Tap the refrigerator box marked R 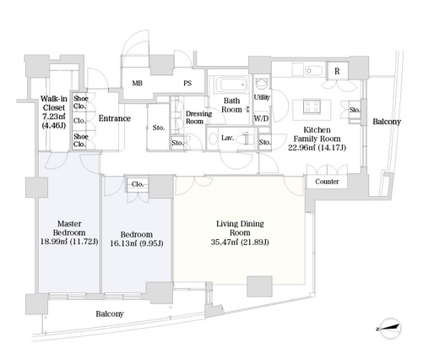tap(337, 71)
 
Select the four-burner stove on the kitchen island tap(312, 106)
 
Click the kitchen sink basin tap(313, 70)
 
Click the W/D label tap(262, 118)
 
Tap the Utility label tap(262, 97)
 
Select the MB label tap(138, 83)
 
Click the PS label tap(187, 83)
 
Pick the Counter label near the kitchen tap(327, 182)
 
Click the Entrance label tap(115, 118)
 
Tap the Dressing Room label tap(198, 117)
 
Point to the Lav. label tap(228, 138)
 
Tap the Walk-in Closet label tap(54, 103)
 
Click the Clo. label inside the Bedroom tap(138, 184)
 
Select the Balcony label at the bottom tap(110, 314)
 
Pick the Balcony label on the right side tap(387, 122)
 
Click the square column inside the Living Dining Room tap(259, 286)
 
